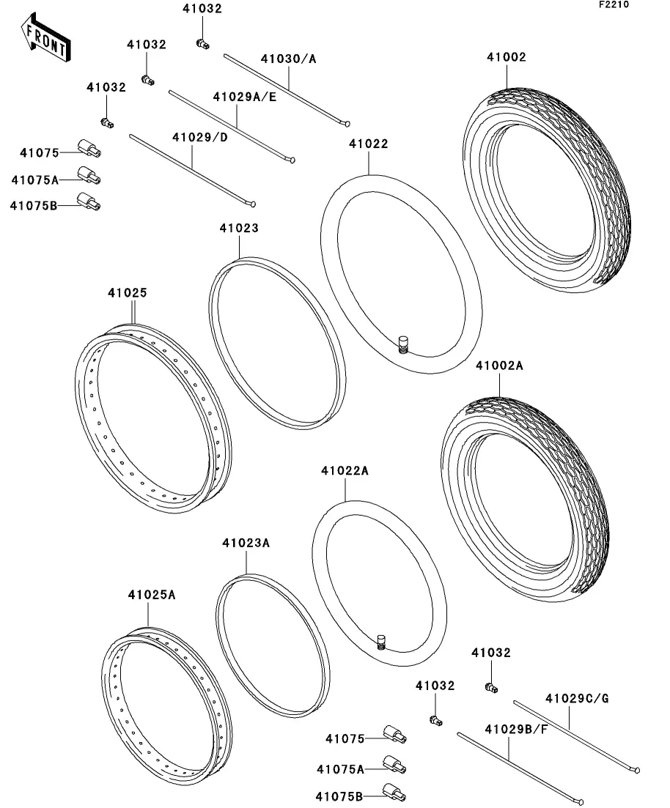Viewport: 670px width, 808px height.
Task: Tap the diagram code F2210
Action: pyautogui.click(x=614, y=4)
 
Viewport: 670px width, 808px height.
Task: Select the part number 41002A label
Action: pyautogui.click(x=499, y=365)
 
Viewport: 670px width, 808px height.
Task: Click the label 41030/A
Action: pyautogui.click(x=289, y=59)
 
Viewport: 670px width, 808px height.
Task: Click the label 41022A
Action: pyautogui.click(x=345, y=471)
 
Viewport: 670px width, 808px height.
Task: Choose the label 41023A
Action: pyautogui.click(x=246, y=543)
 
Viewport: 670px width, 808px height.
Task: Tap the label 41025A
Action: pyautogui.click(x=152, y=594)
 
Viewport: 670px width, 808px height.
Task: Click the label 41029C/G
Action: pyautogui.click(x=577, y=698)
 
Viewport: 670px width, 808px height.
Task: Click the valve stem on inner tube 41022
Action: pyautogui.click(x=402, y=343)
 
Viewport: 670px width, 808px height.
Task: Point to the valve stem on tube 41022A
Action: pyautogui.click(x=381, y=642)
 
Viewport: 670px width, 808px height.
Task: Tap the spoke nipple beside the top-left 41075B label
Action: pyautogui.click(x=89, y=200)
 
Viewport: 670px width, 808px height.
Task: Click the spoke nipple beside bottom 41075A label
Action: pyautogui.click(x=394, y=766)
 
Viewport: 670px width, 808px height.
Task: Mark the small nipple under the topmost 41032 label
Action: pyautogui.click(x=202, y=45)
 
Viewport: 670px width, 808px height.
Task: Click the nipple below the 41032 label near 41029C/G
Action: pyautogui.click(x=491, y=686)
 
